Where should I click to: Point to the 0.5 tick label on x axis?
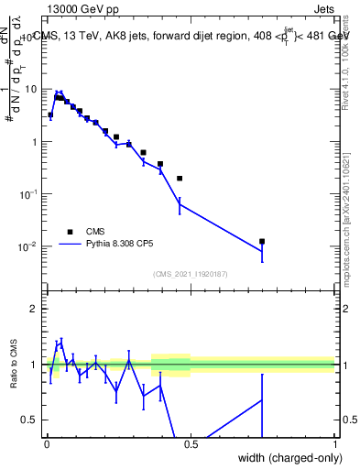click(191, 443)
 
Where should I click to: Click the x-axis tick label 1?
click(335, 443)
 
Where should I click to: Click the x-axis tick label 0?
click(47, 443)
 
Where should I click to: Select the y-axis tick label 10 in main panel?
click(32, 90)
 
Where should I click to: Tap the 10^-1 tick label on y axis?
click(30, 194)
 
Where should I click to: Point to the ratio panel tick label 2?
click(37, 309)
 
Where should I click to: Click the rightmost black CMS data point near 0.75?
click(262, 242)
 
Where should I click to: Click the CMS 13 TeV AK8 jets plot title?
click(192, 35)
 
